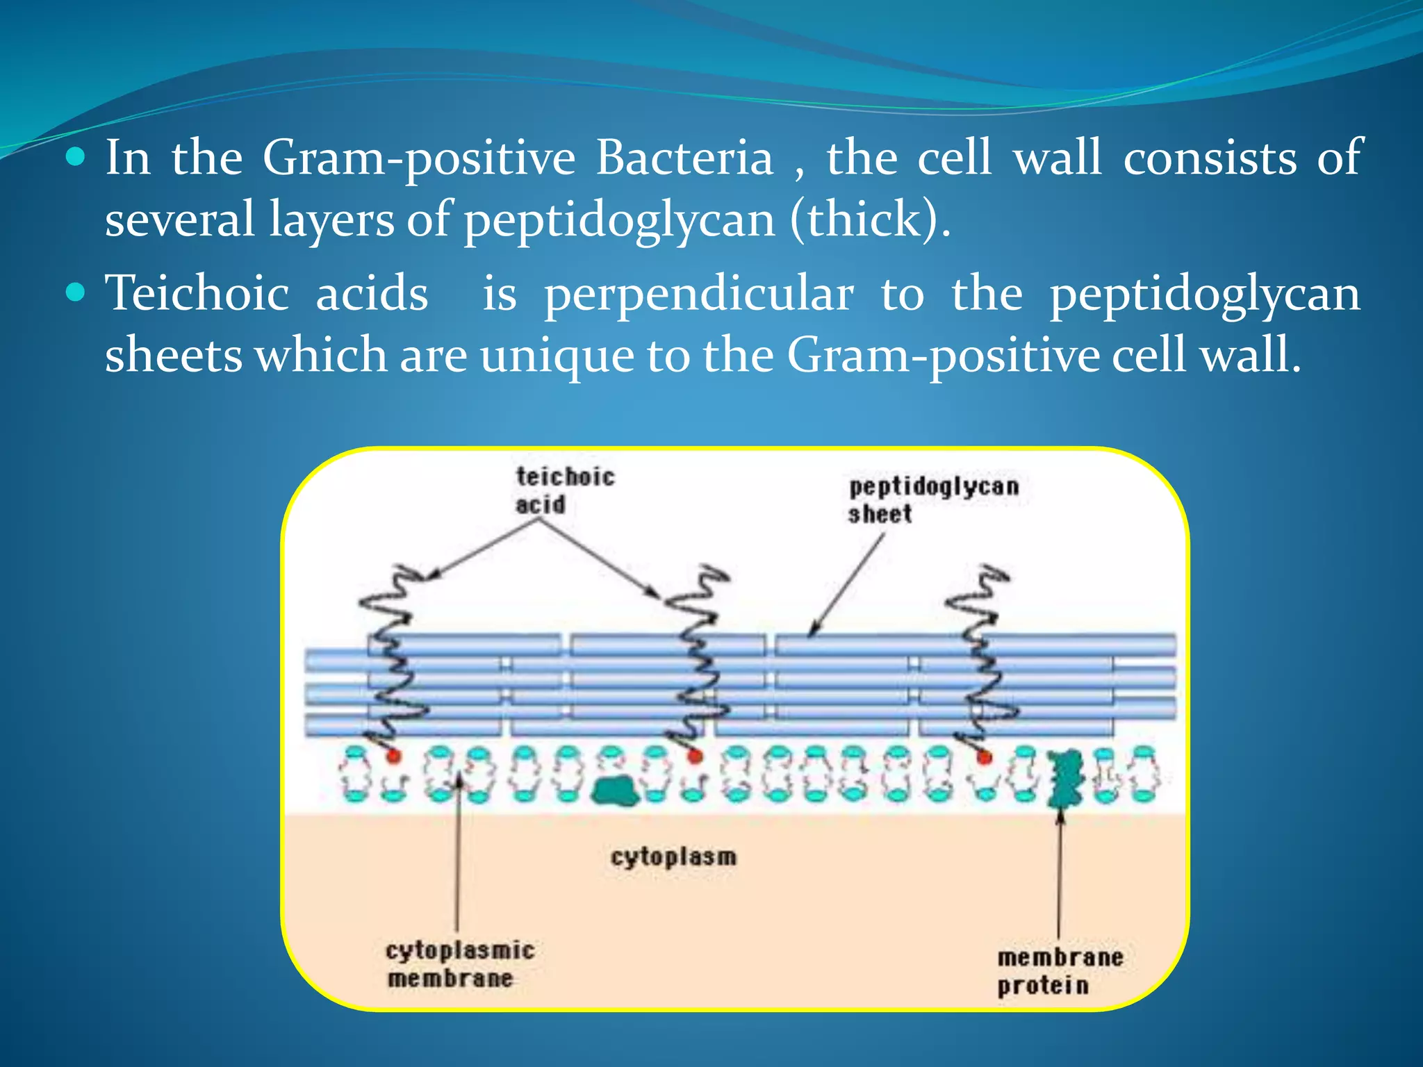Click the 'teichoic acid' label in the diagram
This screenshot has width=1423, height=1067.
564,490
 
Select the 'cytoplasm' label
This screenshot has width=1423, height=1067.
673,857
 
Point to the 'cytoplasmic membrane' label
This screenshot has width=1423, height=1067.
459,963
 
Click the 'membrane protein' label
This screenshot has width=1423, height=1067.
1060,971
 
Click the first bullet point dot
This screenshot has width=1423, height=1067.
75,157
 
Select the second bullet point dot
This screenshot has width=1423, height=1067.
75,292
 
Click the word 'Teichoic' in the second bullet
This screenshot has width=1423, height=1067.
197,292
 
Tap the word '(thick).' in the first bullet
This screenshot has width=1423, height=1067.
869,219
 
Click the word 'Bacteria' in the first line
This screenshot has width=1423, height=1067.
684,158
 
